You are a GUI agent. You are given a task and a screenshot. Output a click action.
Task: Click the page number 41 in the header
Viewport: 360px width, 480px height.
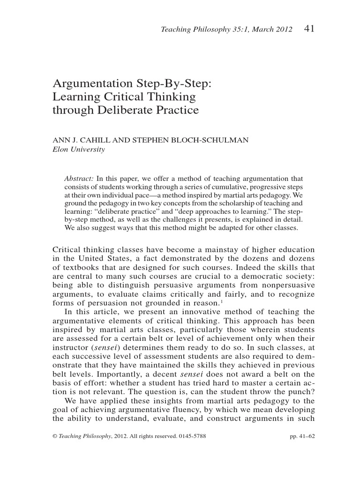click(x=309, y=29)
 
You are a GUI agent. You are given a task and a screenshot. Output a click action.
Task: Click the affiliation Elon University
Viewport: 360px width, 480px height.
click(x=78, y=150)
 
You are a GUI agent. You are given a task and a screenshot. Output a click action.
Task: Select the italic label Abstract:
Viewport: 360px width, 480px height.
click(x=79, y=179)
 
